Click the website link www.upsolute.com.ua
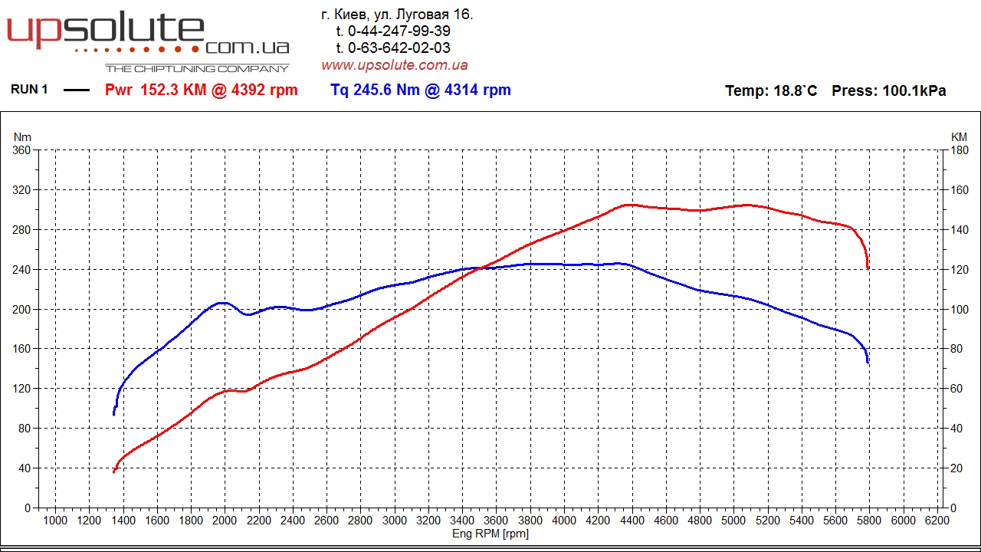(x=394, y=65)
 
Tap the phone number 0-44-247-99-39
(x=399, y=31)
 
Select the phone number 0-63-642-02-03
(x=399, y=48)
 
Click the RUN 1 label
(x=29, y=90)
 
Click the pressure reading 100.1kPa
(x=914, y=90)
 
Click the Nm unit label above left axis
(x=21, y=136)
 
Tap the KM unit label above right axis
(x=959, y=136)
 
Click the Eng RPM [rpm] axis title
(x=490, y=534)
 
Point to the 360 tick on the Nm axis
(x=21, y=150)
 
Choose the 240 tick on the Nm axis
(x=21, y=269)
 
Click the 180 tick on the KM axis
(x=959, y=150)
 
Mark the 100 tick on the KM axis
(x=959, y=309)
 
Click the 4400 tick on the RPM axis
(x=632, y=521)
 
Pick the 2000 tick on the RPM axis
(x=225, y=521)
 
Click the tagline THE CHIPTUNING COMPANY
(x=197, y=68)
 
